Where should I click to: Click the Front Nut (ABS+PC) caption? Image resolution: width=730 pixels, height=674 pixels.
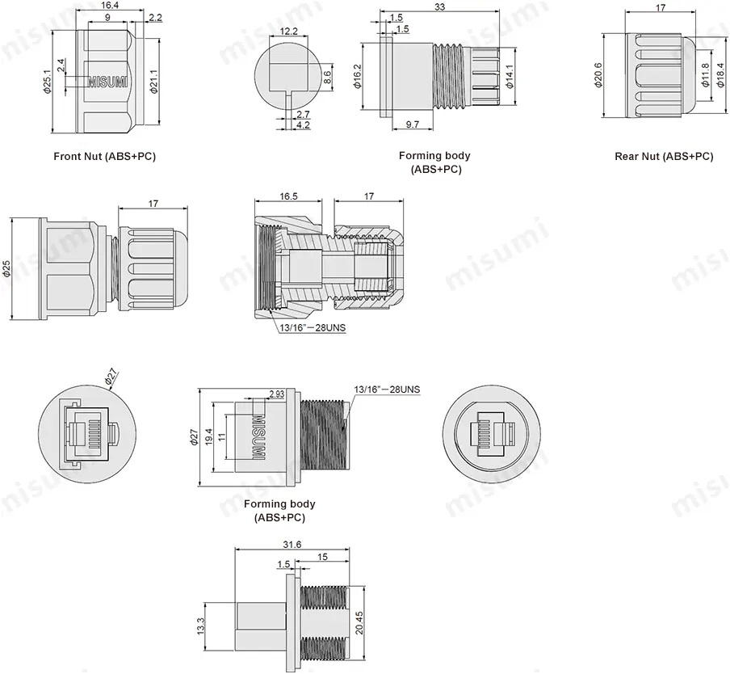[104, 156]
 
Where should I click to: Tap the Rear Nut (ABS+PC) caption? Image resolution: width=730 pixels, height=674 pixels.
[664, 157]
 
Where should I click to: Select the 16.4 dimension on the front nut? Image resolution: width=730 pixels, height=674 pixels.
[111, 6]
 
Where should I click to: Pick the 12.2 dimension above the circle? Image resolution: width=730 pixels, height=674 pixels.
[289, 32]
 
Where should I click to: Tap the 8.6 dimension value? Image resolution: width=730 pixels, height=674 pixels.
[327, 78]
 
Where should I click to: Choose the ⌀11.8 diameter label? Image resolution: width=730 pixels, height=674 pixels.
[705, 74]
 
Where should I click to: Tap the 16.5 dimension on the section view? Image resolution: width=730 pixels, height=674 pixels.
[289, 196]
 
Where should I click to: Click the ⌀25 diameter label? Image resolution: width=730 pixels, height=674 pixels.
[6, 268]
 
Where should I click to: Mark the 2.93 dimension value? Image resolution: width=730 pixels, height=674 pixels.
[275, 394]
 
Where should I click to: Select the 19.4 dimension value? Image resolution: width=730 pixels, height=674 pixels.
[209, 436]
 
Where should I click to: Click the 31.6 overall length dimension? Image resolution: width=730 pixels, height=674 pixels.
[293, 545]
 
